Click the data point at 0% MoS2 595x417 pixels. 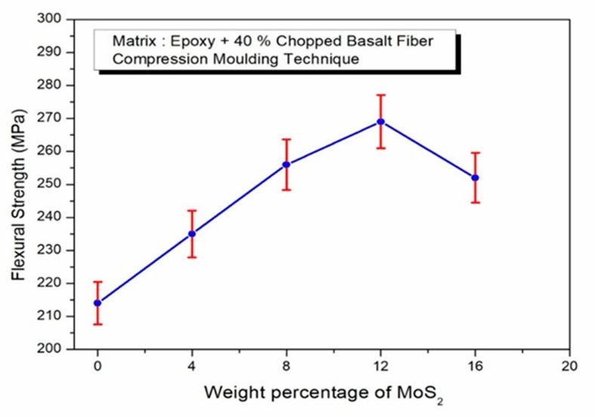pos(97,303)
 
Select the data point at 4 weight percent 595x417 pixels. pos(192,233)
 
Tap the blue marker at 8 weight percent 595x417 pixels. pos(286,164)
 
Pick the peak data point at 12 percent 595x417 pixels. pos(381,122)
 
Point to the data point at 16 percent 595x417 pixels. pos(475,178)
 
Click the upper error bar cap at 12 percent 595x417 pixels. pos(381,95)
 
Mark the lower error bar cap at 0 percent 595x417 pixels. pos(97,324)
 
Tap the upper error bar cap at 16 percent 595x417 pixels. pos(475,153)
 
